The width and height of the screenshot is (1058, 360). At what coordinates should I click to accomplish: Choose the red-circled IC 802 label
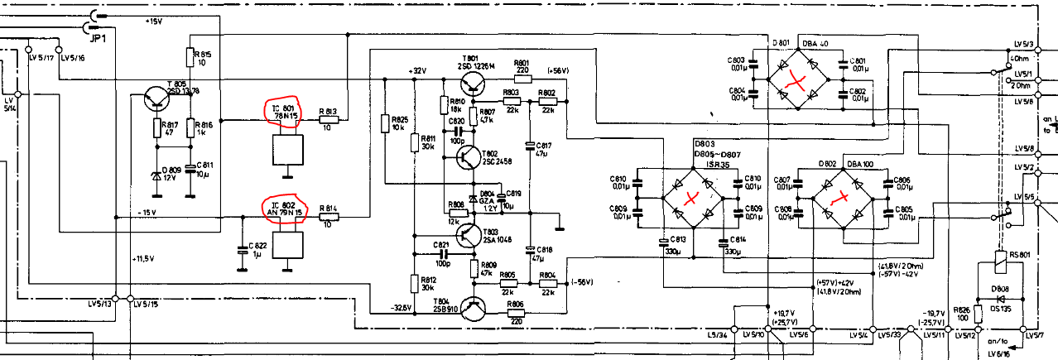284,210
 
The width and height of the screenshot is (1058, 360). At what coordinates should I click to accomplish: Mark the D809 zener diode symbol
156,175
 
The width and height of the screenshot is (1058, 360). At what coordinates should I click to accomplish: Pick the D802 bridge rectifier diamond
842,199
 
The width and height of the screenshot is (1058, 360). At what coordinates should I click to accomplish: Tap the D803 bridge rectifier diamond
692,199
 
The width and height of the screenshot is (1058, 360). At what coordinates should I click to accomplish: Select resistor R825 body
384,123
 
